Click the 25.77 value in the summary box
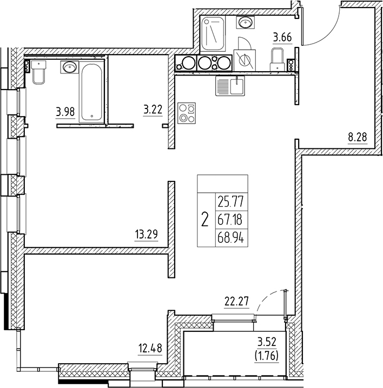point(230,204)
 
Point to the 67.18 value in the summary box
point(230,220)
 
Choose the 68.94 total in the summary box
point(230,236)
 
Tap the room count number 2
point(204,220)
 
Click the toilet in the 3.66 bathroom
point(277,58)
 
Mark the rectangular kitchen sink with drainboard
point(230,86)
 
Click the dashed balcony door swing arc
point(265,299)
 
